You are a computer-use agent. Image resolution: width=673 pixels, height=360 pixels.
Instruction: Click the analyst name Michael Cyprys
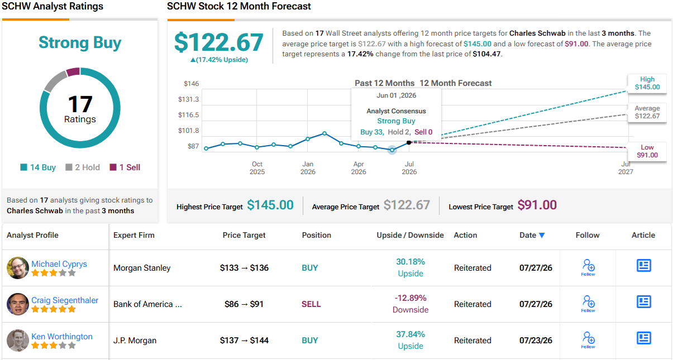coord(59,264)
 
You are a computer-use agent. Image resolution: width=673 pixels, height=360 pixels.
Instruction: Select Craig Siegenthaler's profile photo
coord(18,304)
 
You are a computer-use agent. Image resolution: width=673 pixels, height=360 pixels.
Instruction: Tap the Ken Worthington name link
coord(62,337)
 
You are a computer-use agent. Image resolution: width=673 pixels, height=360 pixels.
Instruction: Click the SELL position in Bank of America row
coord(311,304)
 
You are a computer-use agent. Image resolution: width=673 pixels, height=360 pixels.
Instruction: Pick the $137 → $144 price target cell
coord(244,340)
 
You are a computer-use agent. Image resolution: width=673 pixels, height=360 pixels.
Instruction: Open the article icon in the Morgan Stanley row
coord(643,266)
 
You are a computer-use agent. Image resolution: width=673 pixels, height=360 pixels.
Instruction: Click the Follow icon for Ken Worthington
coord(588,340)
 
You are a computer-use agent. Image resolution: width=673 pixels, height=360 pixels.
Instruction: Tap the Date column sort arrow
coord(542,236)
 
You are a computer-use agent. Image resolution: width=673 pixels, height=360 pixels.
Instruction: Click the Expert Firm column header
coord(133,235)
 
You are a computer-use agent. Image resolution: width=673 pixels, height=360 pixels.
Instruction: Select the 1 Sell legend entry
coord(125,167)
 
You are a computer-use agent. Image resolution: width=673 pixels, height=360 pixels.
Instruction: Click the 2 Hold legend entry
coord(83,167)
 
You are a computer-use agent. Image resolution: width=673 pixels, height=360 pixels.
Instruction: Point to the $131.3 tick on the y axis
coord(188,99)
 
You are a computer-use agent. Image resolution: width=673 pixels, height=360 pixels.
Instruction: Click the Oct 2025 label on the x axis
coord(257,168)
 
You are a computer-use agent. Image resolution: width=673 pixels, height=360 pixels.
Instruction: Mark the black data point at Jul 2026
coord(409,142)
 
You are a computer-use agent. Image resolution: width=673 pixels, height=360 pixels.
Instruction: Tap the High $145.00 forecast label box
coord(647,83)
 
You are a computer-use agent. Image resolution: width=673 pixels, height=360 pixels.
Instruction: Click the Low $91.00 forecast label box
coord(647,151)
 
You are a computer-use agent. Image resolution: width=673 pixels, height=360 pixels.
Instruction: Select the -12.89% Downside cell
coord(411,304)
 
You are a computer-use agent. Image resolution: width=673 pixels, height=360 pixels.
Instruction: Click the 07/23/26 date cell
coord(536,340)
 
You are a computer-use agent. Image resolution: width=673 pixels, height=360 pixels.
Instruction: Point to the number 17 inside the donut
coord(80,104)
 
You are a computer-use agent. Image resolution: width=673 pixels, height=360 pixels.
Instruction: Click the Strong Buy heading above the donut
coord(80,42)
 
